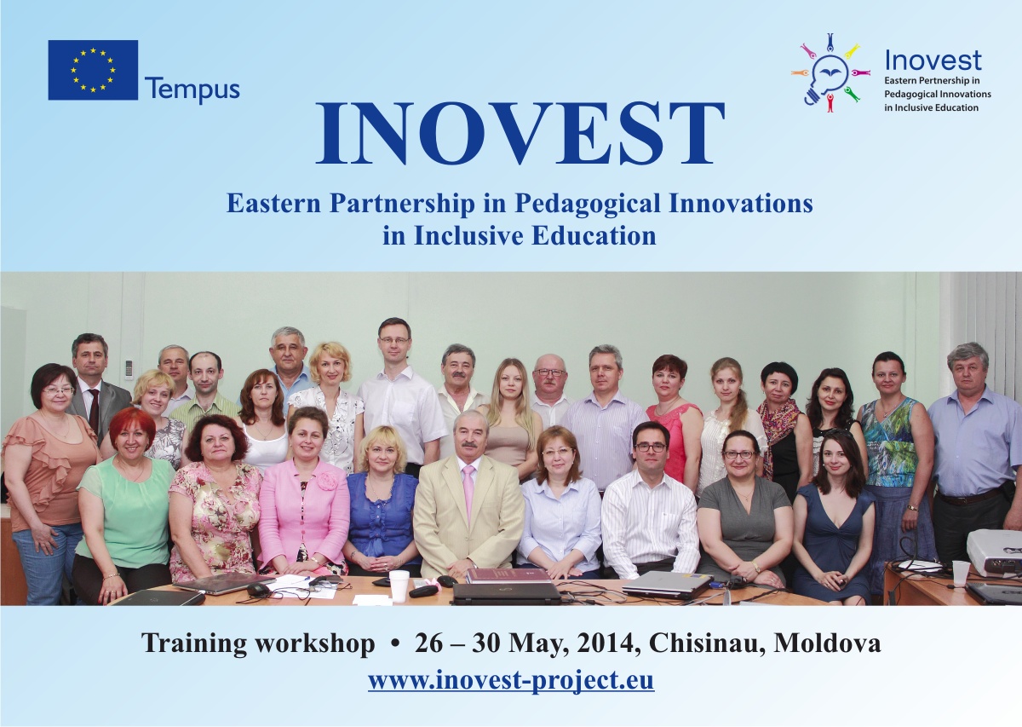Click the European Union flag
coord(93,70)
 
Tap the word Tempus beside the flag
coord(192,90)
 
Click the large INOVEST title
coord(520,132)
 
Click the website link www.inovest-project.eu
coord(511,680)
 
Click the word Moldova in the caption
coord(827,643)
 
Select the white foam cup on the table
coord(399,586)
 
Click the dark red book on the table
coord(508,575)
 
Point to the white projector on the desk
coord(995,552)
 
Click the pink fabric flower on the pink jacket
coord(327,481)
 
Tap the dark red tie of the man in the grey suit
coord(94,411)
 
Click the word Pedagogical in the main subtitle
coord(588,204)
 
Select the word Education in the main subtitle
coord(594,236)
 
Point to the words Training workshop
coord(258,643)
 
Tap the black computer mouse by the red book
coord(447,581)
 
